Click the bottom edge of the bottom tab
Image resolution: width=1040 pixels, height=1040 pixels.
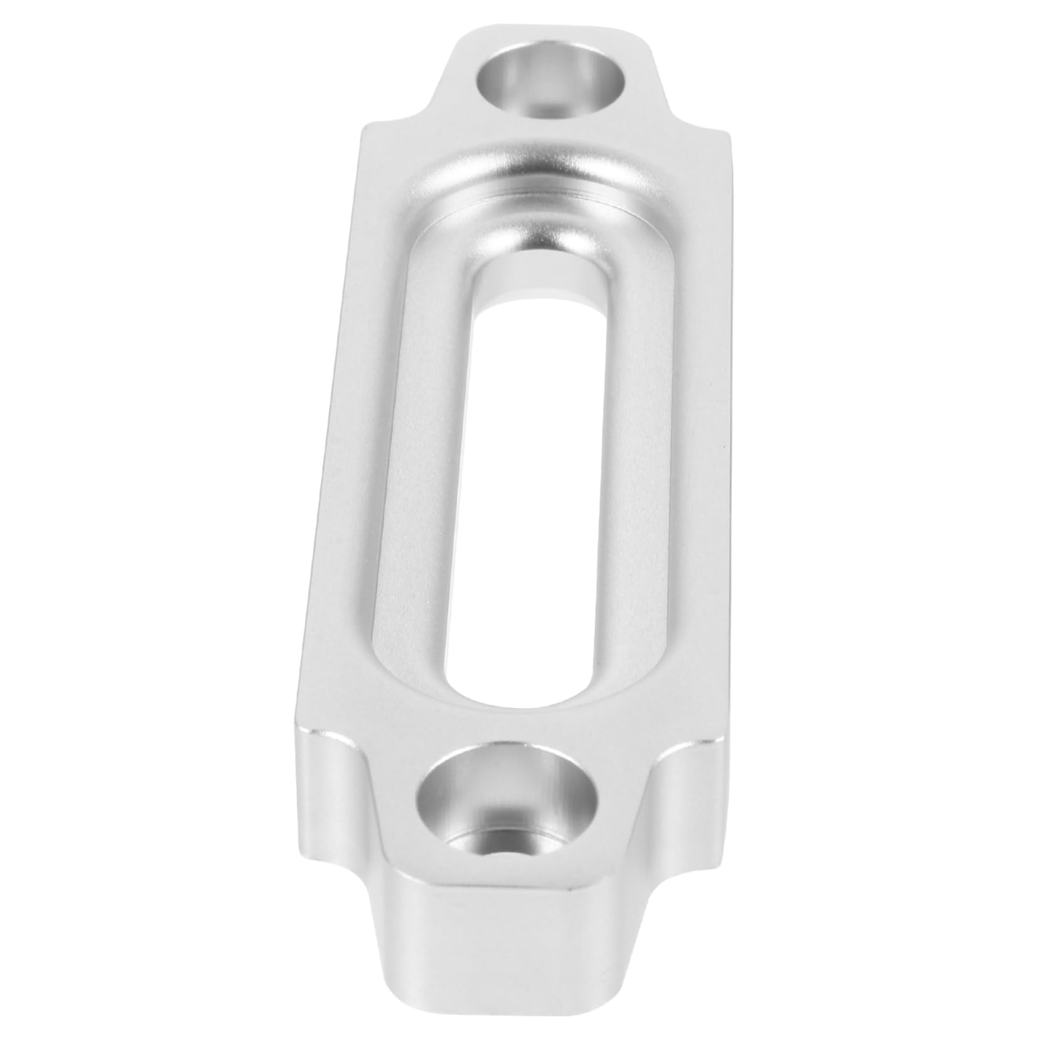[496, 1029]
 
